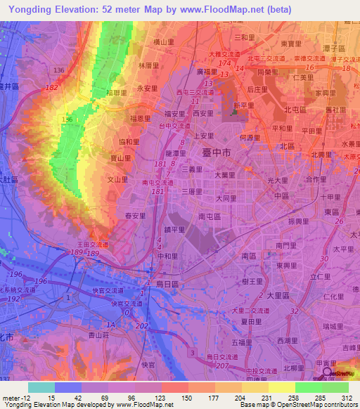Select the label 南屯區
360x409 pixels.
point(210,216)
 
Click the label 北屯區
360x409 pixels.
point(294,110)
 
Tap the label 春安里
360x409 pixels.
point(135,216)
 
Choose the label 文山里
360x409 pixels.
point(116,179)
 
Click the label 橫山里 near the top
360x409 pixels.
point(163,42)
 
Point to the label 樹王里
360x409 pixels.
point(251,280)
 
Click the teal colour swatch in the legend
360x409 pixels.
point(41,387)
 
